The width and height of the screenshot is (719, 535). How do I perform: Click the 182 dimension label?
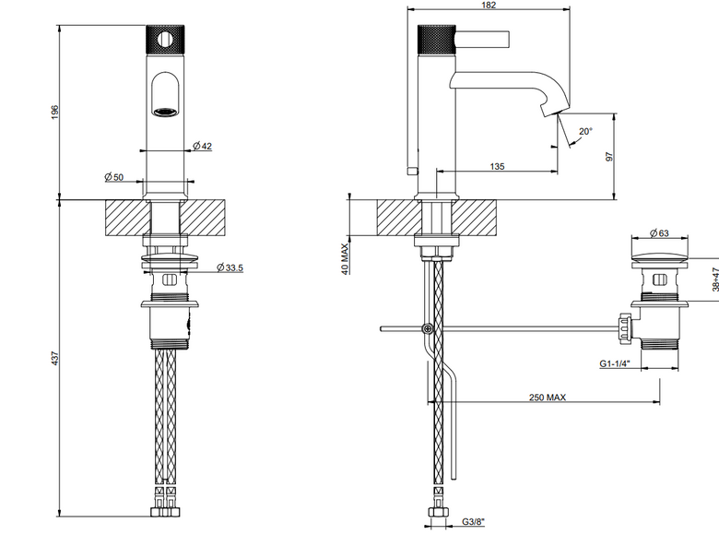click(489, 5)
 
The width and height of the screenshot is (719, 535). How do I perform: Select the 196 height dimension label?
click(55, 113)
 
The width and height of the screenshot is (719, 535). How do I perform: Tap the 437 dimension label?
click(55, 358)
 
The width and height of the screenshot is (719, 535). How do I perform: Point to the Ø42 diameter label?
click(202, 146)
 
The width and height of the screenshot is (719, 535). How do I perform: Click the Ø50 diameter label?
click(113, 177)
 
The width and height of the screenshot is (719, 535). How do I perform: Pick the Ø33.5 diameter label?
click(230, 267)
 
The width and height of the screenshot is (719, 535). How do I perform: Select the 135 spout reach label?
click(497, 166)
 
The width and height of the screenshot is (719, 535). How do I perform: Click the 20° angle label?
click(585, 131)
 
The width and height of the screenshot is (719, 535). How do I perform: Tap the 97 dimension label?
click(609, 157)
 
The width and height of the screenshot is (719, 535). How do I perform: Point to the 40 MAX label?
click(345, 259)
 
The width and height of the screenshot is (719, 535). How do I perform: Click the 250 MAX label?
click(548, 397)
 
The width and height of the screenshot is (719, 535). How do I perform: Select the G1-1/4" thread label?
click(615, 363)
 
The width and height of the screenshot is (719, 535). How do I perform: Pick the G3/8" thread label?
click(473, 522)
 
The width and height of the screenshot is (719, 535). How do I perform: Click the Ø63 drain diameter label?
click(659, 233)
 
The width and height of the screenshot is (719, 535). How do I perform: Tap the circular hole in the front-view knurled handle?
click(165, 40)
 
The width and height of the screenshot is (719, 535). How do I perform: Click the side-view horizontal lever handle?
click(482, 39)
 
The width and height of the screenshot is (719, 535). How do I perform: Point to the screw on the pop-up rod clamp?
click(428, 328)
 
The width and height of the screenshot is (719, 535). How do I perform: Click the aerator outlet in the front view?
click(165, 112)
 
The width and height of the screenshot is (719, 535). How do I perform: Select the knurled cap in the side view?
click(436, 41)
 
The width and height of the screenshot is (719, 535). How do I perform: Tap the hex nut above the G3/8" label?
click(438, 512)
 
